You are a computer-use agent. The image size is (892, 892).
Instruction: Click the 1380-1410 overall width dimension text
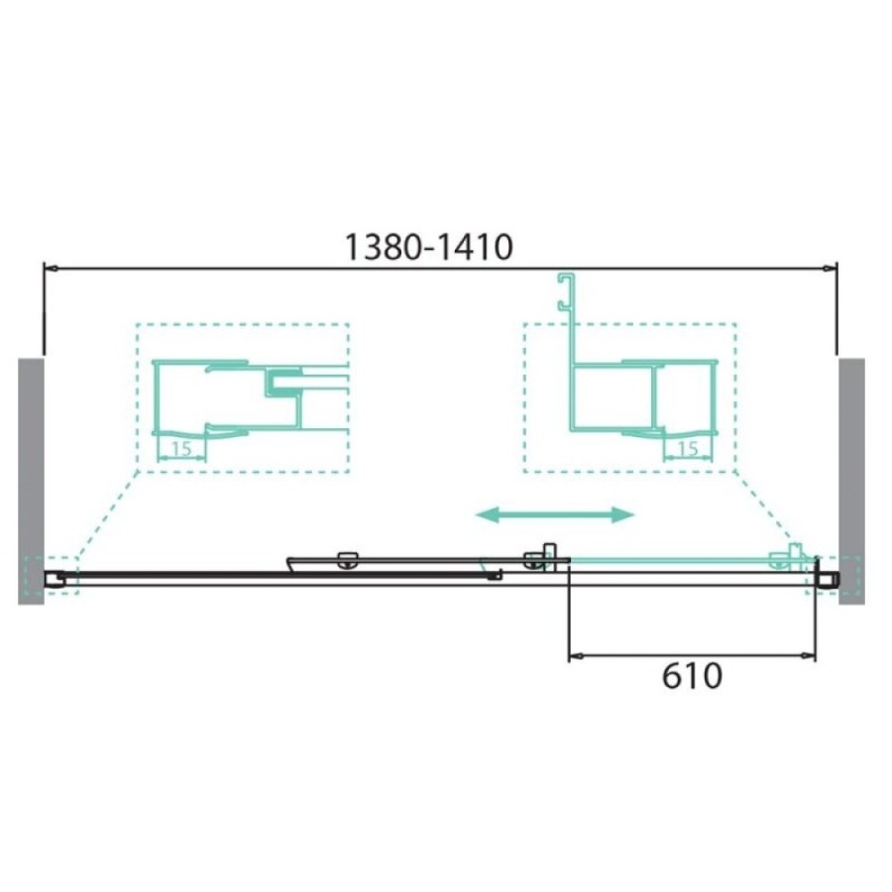[429, 248]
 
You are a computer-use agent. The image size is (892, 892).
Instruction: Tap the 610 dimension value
[692, 676]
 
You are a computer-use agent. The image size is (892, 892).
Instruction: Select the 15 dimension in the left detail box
[181, 449]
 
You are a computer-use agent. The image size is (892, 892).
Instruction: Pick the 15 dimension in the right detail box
[688, 449]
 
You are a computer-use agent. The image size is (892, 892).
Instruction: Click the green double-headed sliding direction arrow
[555, 514]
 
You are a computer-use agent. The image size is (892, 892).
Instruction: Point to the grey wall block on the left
[32, 481]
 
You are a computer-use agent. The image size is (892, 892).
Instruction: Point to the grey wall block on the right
[851, 481]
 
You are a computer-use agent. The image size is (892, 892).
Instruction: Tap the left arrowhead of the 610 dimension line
[576, 656]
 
